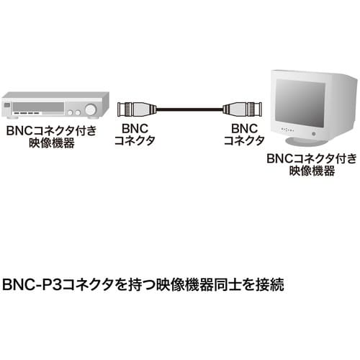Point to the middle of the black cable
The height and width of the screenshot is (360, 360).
186,109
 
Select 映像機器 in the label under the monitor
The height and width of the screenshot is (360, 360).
311,171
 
